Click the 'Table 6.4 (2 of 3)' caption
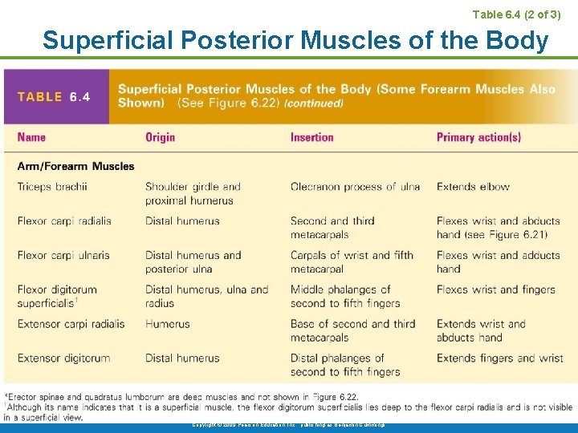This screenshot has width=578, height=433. point(516,14)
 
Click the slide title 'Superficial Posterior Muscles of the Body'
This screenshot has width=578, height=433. point(295,39)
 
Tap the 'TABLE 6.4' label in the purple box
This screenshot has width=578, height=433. point(54,97)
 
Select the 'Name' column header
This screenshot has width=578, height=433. point(31,137)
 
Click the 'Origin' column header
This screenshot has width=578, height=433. point(160,137)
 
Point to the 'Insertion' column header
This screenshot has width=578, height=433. point(311,137)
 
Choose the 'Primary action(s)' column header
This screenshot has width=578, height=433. point(478,137)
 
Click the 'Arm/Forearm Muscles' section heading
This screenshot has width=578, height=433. point(75,166)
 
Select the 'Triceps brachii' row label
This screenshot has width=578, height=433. point(52,187)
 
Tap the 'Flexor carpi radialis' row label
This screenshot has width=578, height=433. point(64,221)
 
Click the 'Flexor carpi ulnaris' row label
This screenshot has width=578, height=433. point(63,256)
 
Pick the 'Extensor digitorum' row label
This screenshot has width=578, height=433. point(63,358)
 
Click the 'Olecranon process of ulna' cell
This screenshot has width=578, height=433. point(355,187)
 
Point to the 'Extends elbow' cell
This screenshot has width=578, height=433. point(473,187)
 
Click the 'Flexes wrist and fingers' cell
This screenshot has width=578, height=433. point(498,289)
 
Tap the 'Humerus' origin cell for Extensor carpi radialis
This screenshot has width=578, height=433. point(167,324)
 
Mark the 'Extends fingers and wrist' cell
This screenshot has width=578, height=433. point(499,358)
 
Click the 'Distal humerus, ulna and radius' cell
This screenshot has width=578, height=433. point(206,296)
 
